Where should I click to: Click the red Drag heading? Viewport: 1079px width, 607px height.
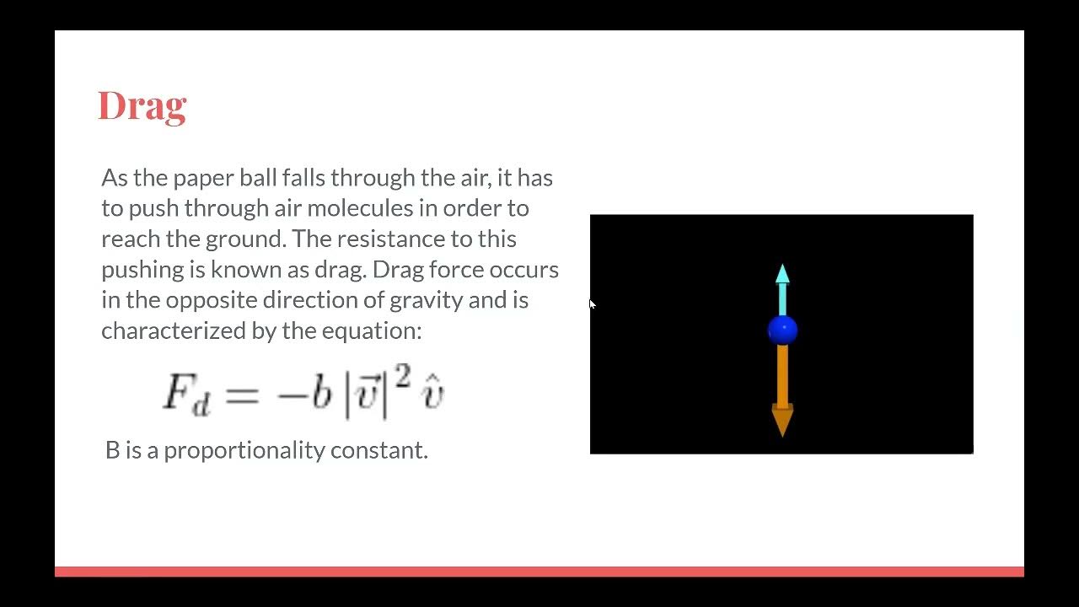click(x=142, y=106)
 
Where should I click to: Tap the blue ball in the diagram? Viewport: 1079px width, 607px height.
click(x=782, y=330)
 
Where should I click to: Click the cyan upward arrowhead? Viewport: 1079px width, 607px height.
click(x=782, y=274)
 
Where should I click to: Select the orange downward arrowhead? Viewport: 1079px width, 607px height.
click(x=782, y=419)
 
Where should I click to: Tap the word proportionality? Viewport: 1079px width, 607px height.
click(x=244, y=450)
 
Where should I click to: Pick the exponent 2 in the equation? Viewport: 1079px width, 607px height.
click(x=403, y=379)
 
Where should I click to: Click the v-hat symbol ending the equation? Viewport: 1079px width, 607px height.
click(x=432, y=395)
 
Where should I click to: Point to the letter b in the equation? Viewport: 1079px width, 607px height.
click(x=321, y=392)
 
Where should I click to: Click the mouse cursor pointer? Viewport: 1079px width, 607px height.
click(x=592, y=304)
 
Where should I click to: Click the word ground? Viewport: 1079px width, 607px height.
click(x=245, y=239)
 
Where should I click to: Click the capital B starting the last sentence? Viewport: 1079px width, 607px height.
click(x=113, y=450)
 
